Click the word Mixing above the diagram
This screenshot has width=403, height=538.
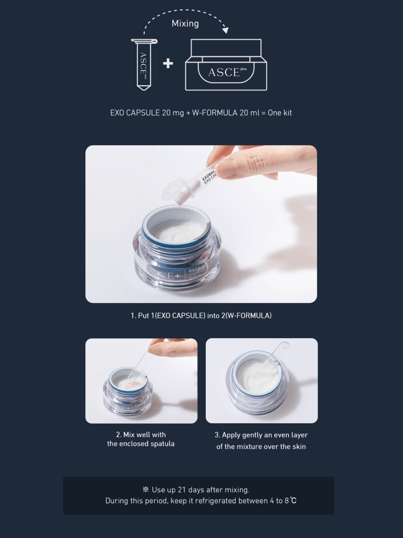point(185,24)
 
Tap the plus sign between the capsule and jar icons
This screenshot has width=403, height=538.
point(168,64)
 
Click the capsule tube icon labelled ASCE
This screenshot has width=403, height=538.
point(144,65)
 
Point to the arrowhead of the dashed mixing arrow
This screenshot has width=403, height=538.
point(225,30)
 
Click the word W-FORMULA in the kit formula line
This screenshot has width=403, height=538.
point(215,113)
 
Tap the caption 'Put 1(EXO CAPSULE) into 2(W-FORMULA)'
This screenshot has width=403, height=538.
point(201,316)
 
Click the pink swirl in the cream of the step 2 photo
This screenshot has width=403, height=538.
point(135,382)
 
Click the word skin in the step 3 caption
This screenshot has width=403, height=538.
point(299,446)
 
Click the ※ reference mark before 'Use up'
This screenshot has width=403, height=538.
point(146,490)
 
